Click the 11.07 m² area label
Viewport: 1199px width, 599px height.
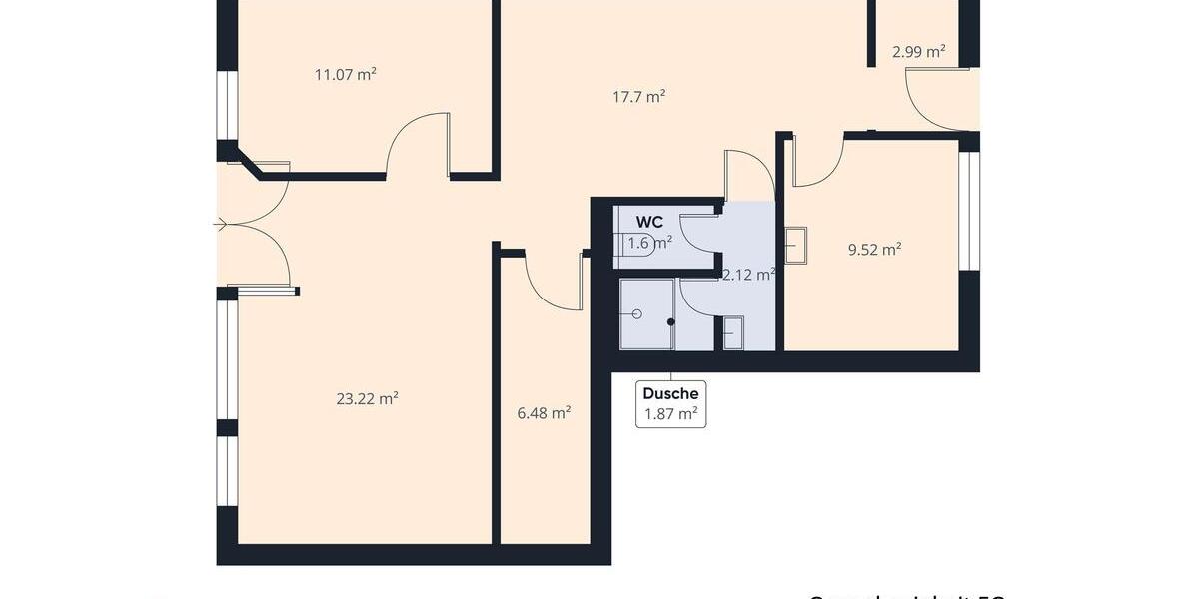(345, 74)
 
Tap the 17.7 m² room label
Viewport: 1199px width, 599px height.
(638, 97)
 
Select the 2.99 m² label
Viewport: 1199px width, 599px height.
(919, 52)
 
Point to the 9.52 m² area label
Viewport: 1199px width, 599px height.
(874, 250)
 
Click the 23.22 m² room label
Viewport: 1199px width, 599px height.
(367, 398)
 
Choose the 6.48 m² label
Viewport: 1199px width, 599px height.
(544, 412)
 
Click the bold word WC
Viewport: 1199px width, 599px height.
(649, 222)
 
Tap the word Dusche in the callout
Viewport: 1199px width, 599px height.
(670, 394)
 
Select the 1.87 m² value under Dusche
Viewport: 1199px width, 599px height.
(670, 414)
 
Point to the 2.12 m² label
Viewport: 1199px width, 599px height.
(748, 275)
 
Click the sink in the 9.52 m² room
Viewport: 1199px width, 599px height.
(796, 243)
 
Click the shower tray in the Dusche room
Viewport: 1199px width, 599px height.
(646, 314)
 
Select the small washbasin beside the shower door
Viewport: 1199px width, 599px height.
(733, 332)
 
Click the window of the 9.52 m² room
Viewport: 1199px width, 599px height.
(969, 211)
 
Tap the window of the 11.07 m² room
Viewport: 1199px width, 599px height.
(228, 105)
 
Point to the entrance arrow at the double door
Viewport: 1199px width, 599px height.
(220, 225)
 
